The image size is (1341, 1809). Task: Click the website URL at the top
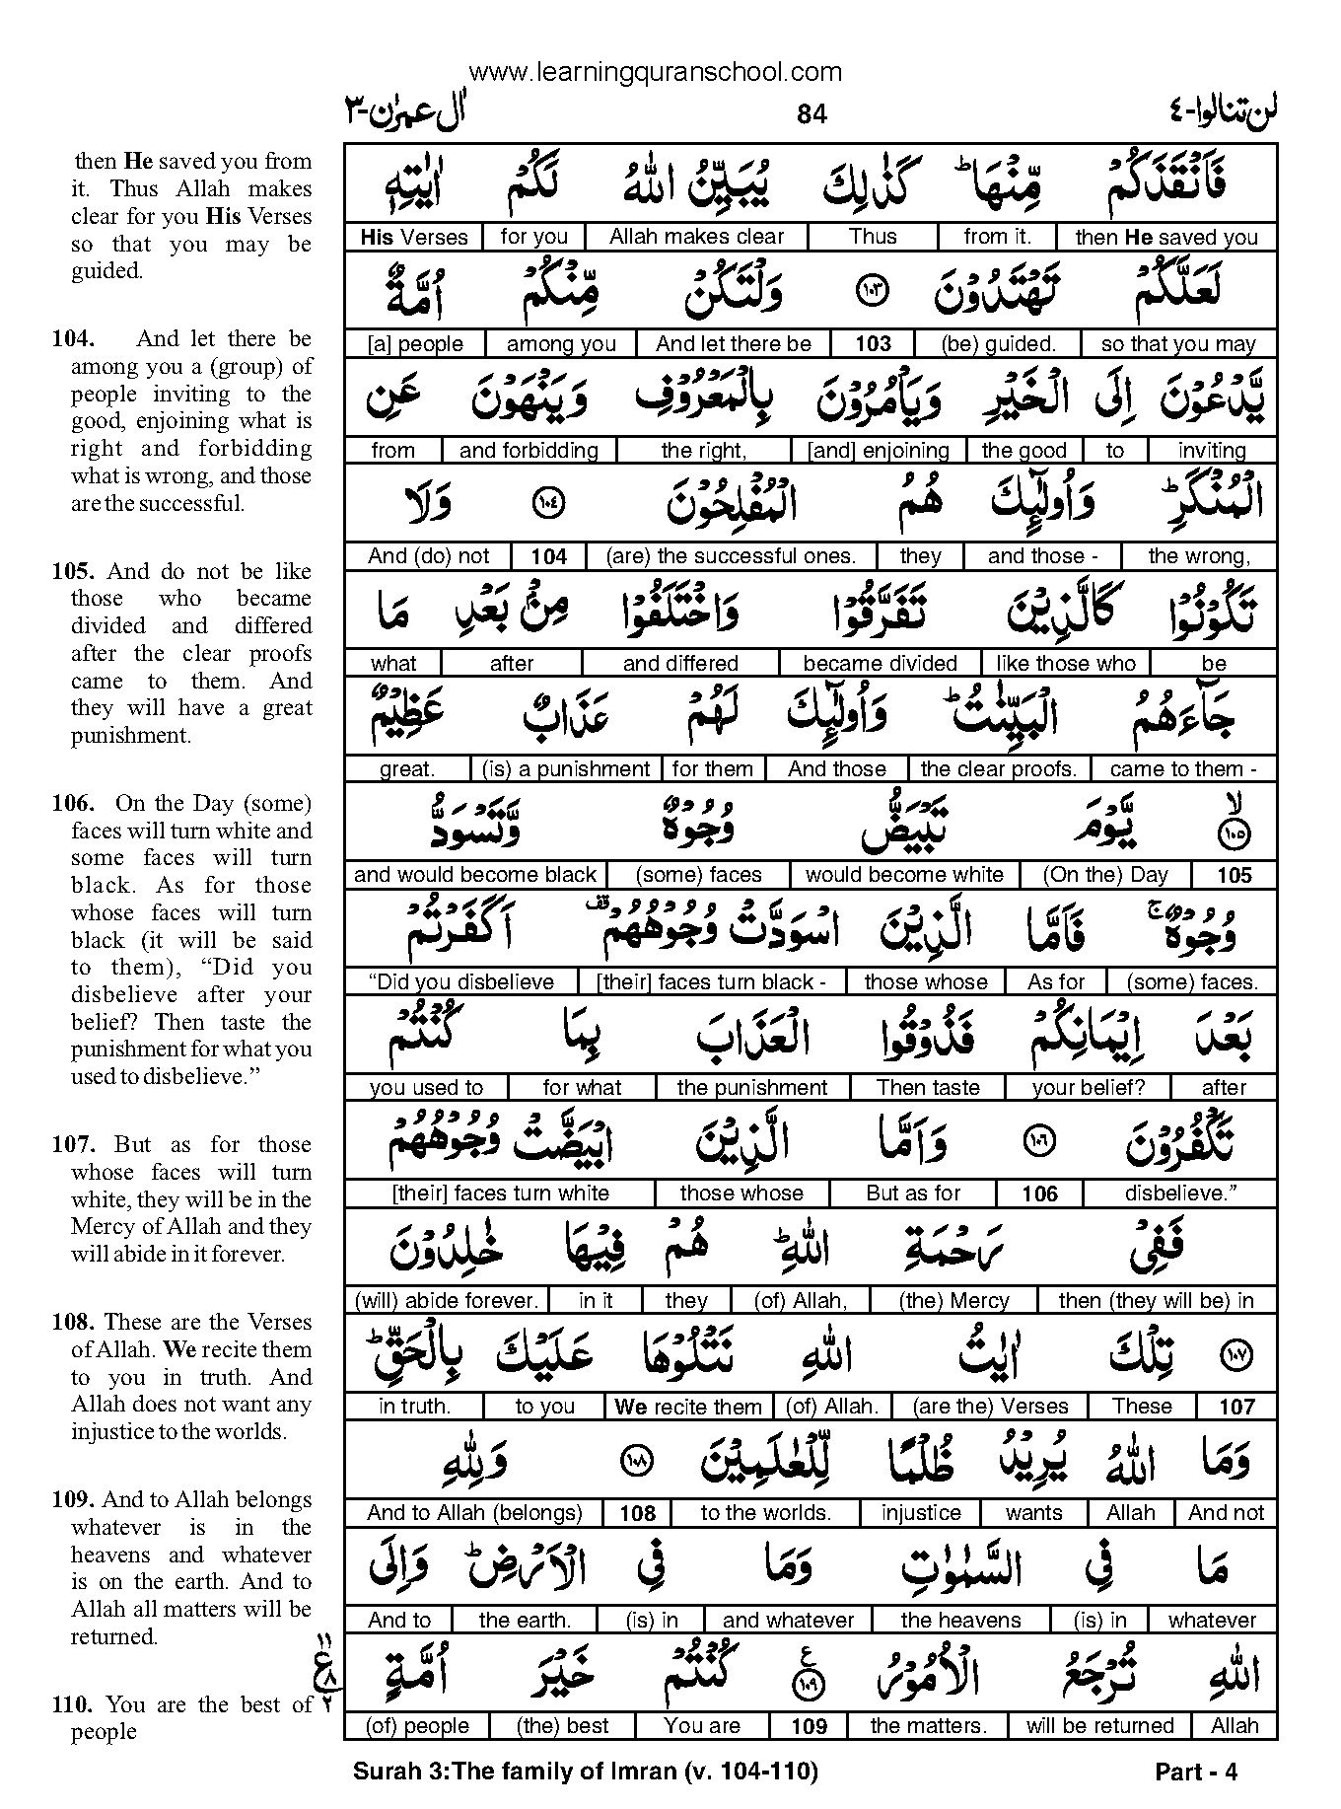pos(655,72)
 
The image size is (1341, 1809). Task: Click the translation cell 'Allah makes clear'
pos(696,237)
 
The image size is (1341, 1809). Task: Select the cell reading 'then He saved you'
pos(1166,237)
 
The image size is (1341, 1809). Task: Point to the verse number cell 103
pos(873,343)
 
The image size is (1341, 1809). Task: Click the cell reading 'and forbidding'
pos(529,451)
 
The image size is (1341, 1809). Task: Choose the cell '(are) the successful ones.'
pos(731,556)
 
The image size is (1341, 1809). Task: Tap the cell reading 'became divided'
pos(881,663)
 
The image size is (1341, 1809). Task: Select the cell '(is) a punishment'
pos(566,769)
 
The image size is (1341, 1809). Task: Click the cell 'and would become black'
pos(475,875)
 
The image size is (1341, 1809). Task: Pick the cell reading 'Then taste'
pos(928,1088)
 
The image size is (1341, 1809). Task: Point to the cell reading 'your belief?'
pos(1089,1088)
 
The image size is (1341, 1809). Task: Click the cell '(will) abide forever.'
pos(446,1300)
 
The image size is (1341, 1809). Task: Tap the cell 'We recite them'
pos(688,1407)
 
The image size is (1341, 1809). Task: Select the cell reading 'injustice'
pos(921,1513)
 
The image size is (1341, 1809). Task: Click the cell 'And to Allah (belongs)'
pos(474,1513)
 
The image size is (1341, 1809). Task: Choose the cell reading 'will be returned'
pos(1099,1726)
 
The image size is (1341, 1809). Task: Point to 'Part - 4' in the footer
pos(1195,1773)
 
